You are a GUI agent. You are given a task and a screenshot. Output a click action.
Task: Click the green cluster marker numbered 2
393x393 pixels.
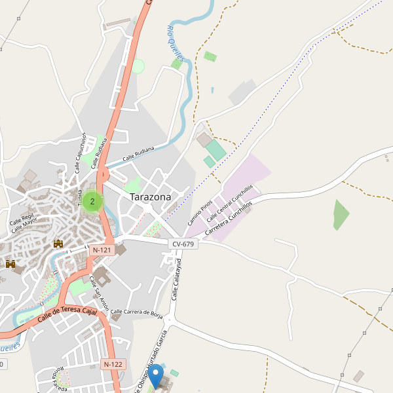(x=92, y=201)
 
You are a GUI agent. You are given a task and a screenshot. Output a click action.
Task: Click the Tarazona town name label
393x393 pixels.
(x=150, y=196)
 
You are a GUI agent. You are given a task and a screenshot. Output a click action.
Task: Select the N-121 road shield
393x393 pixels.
(x=103, y=250)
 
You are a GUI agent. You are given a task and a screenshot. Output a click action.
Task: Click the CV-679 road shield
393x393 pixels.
(x=183, y=244)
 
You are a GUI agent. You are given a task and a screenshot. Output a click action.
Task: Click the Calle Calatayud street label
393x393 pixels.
(x=176, y=280)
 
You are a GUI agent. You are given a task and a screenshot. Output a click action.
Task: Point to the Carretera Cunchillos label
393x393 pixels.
(x=228, y=219)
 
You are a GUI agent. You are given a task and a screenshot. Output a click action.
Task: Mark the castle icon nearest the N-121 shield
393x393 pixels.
(x=58, y=244)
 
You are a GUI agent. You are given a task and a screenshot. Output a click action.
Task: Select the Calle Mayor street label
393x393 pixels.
(x=24, y=225)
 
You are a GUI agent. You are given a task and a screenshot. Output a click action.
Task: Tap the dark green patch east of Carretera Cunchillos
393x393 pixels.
(x=341, y=215)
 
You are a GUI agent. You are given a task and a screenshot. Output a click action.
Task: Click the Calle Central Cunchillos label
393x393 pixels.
(x=229, y=203)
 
